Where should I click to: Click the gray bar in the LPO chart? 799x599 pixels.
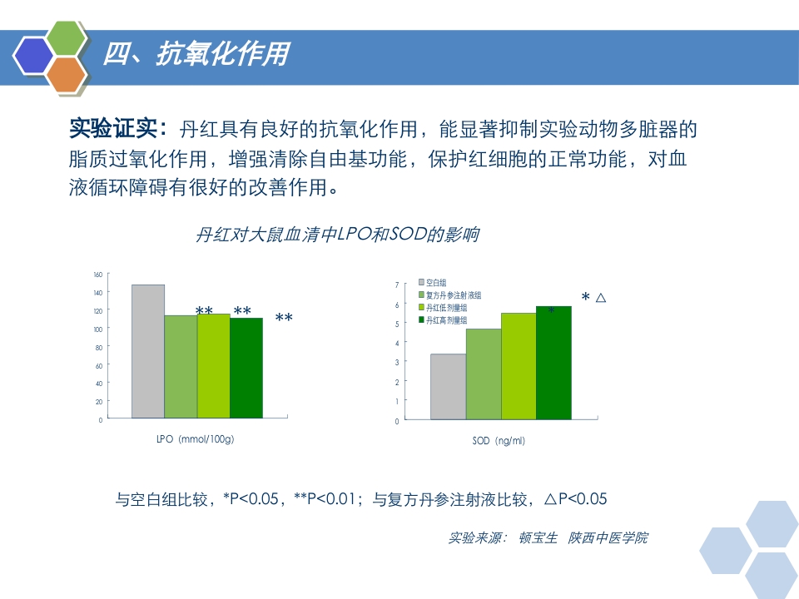point(147,350)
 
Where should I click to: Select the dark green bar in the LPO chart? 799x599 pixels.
point(246,367)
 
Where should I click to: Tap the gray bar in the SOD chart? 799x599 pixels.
point(448,387)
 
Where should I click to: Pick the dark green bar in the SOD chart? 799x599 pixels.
point(553,363)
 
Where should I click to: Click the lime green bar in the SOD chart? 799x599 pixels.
point(518,366)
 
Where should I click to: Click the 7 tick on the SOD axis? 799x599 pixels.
point(396,285)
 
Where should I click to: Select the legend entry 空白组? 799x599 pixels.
point(435,283)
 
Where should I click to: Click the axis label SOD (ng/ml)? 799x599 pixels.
point(498,441)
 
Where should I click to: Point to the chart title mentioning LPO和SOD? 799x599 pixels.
point(336,235)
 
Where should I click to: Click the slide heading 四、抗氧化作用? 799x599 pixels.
point(196,55)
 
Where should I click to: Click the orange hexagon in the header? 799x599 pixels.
point(67,74)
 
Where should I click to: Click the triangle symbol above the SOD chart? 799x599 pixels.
point(601,297)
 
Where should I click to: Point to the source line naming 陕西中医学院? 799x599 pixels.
point(608,537)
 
